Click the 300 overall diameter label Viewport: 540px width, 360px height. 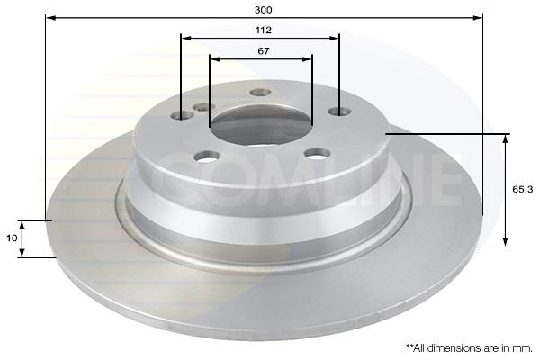pos(263,10)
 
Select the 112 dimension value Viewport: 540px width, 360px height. pos(263,31)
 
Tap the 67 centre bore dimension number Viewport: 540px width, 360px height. pos(264,51)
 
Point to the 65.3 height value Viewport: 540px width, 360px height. pos(522,189)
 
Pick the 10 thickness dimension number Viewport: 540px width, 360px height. pos(12,238)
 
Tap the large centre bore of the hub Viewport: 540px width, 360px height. pos(262,126)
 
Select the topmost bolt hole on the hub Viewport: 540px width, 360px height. pos(261,92)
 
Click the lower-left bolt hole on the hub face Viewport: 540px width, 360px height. pos(207,157)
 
